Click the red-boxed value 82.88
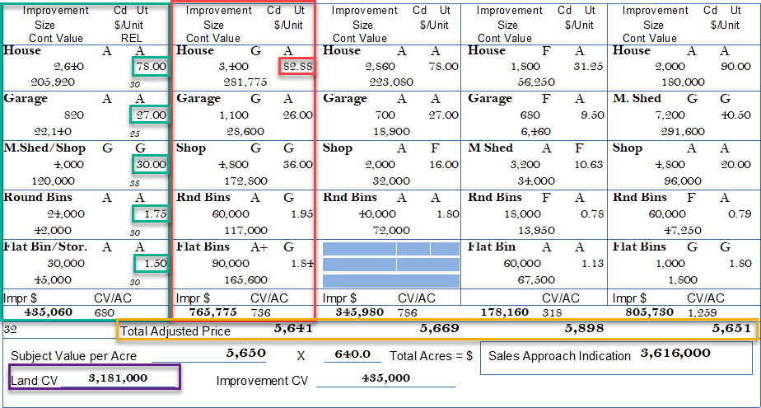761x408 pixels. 296,67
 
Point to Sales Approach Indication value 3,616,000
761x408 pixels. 675,354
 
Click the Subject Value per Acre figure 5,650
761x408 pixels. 245,353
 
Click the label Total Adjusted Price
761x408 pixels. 175,331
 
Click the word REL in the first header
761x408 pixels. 132,38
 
